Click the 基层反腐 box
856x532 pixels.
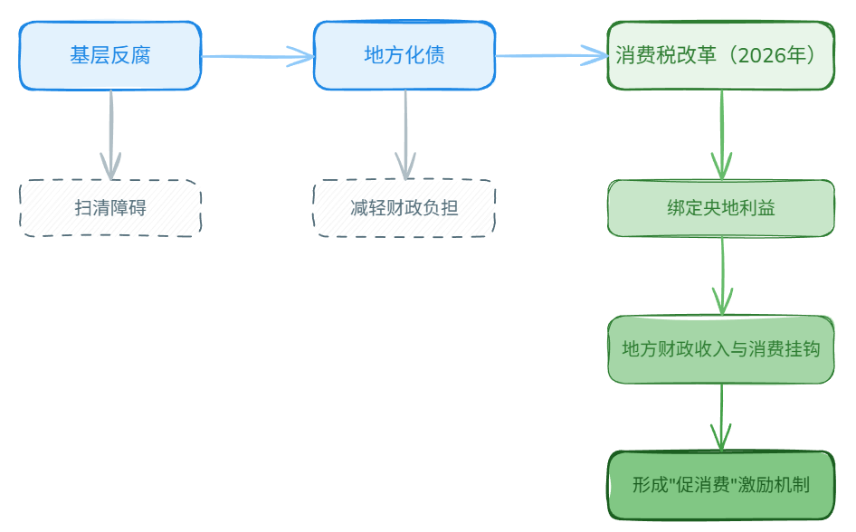tap(110, 55)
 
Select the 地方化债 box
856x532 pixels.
tap(404, 55)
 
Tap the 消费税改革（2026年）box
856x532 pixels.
tap(721, 55)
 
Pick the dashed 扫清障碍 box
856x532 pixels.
tap(110, 208)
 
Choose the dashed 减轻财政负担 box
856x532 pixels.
tap(404, 208)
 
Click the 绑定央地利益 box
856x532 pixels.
tap(721, 208)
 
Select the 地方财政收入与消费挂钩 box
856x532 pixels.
tap(721, 349)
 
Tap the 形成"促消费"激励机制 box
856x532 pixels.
tap(721, 485)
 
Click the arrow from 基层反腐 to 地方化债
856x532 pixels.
tap(258, 56)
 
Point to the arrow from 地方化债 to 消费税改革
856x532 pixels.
tap(551, 56)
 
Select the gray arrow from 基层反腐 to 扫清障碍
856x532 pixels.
tap(110, 135)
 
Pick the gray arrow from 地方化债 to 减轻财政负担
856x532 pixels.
tap(405, 135)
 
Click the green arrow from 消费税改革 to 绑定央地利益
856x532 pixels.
tap(722, 135)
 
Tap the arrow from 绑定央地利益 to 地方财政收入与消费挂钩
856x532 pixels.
tap(722, 276)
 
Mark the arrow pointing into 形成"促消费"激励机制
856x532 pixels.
tap(721, 417)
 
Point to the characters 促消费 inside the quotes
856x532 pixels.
tap(703, 485)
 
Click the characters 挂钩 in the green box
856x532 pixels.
tap(802, 349)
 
